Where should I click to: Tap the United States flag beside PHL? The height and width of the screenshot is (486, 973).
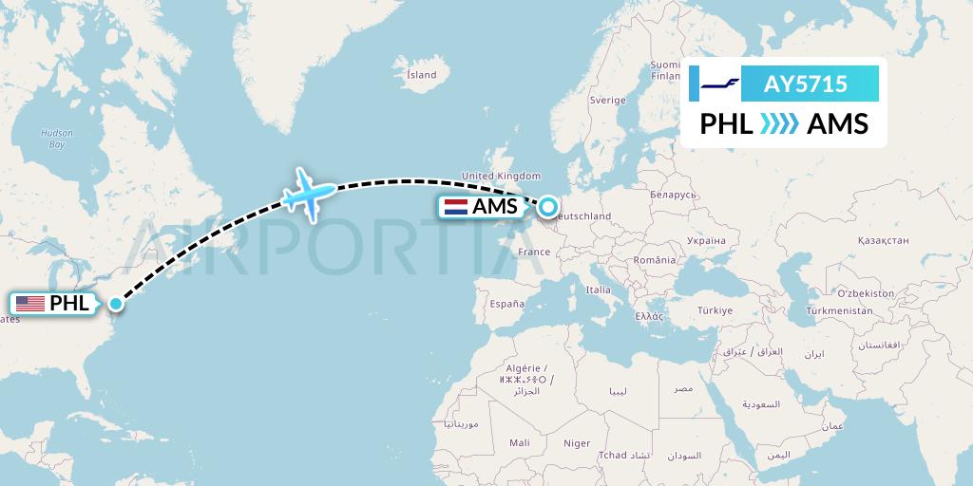tap(30, 304)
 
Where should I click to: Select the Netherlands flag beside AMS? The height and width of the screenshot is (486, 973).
tap(454, 206)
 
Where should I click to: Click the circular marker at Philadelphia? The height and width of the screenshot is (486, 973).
tap(115, 304)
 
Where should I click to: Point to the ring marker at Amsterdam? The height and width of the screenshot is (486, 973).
tap(548, 205)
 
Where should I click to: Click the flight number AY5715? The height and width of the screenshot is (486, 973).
tap(806, 84)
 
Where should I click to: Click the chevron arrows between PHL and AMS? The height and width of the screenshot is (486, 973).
tap(781, 124)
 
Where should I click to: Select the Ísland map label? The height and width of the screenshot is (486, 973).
tap(421, 75)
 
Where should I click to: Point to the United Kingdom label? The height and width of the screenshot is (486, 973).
tap(500, 176)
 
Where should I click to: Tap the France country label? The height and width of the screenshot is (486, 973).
tap(534, 252)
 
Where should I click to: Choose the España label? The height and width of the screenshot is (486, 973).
tap(506, 304)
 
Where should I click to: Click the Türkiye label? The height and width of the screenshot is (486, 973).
tap(714, 310)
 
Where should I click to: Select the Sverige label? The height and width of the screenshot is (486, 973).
tap(607, 100)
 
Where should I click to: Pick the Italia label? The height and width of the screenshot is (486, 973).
tap(599, 290)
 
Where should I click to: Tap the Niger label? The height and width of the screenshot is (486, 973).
tap(577, 443)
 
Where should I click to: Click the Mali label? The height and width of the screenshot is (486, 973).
tap(520, 443)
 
